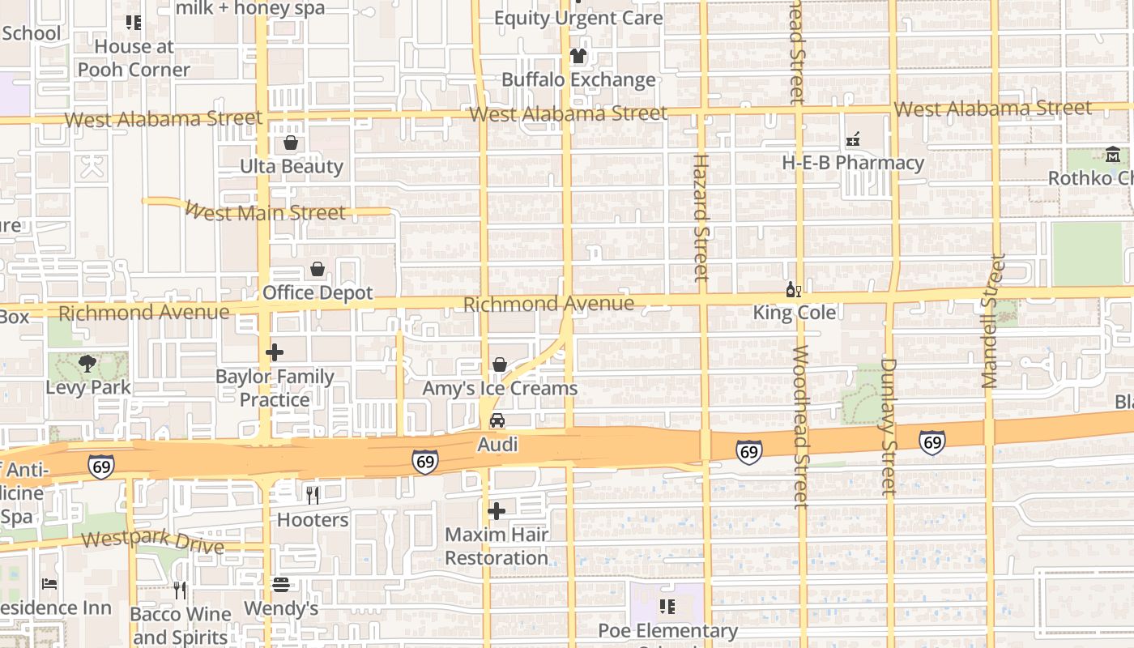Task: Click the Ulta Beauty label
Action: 292,167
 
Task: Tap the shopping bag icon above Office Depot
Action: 318,269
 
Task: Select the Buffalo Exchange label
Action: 578,80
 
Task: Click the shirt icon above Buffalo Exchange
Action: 578,56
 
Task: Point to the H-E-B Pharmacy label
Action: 853,163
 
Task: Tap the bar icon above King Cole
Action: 794,289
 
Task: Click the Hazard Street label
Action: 701,217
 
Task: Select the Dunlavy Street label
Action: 889,426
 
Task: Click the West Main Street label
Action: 265,212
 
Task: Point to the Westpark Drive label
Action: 152,543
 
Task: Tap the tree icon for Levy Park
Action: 87,363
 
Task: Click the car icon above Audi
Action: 497,420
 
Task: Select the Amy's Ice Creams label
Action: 500,389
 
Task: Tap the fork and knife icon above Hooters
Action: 313,495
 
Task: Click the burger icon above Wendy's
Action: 281,584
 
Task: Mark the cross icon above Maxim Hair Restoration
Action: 497,511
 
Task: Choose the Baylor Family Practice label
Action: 275,389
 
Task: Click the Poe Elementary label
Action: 667,632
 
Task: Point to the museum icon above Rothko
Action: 1113,154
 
